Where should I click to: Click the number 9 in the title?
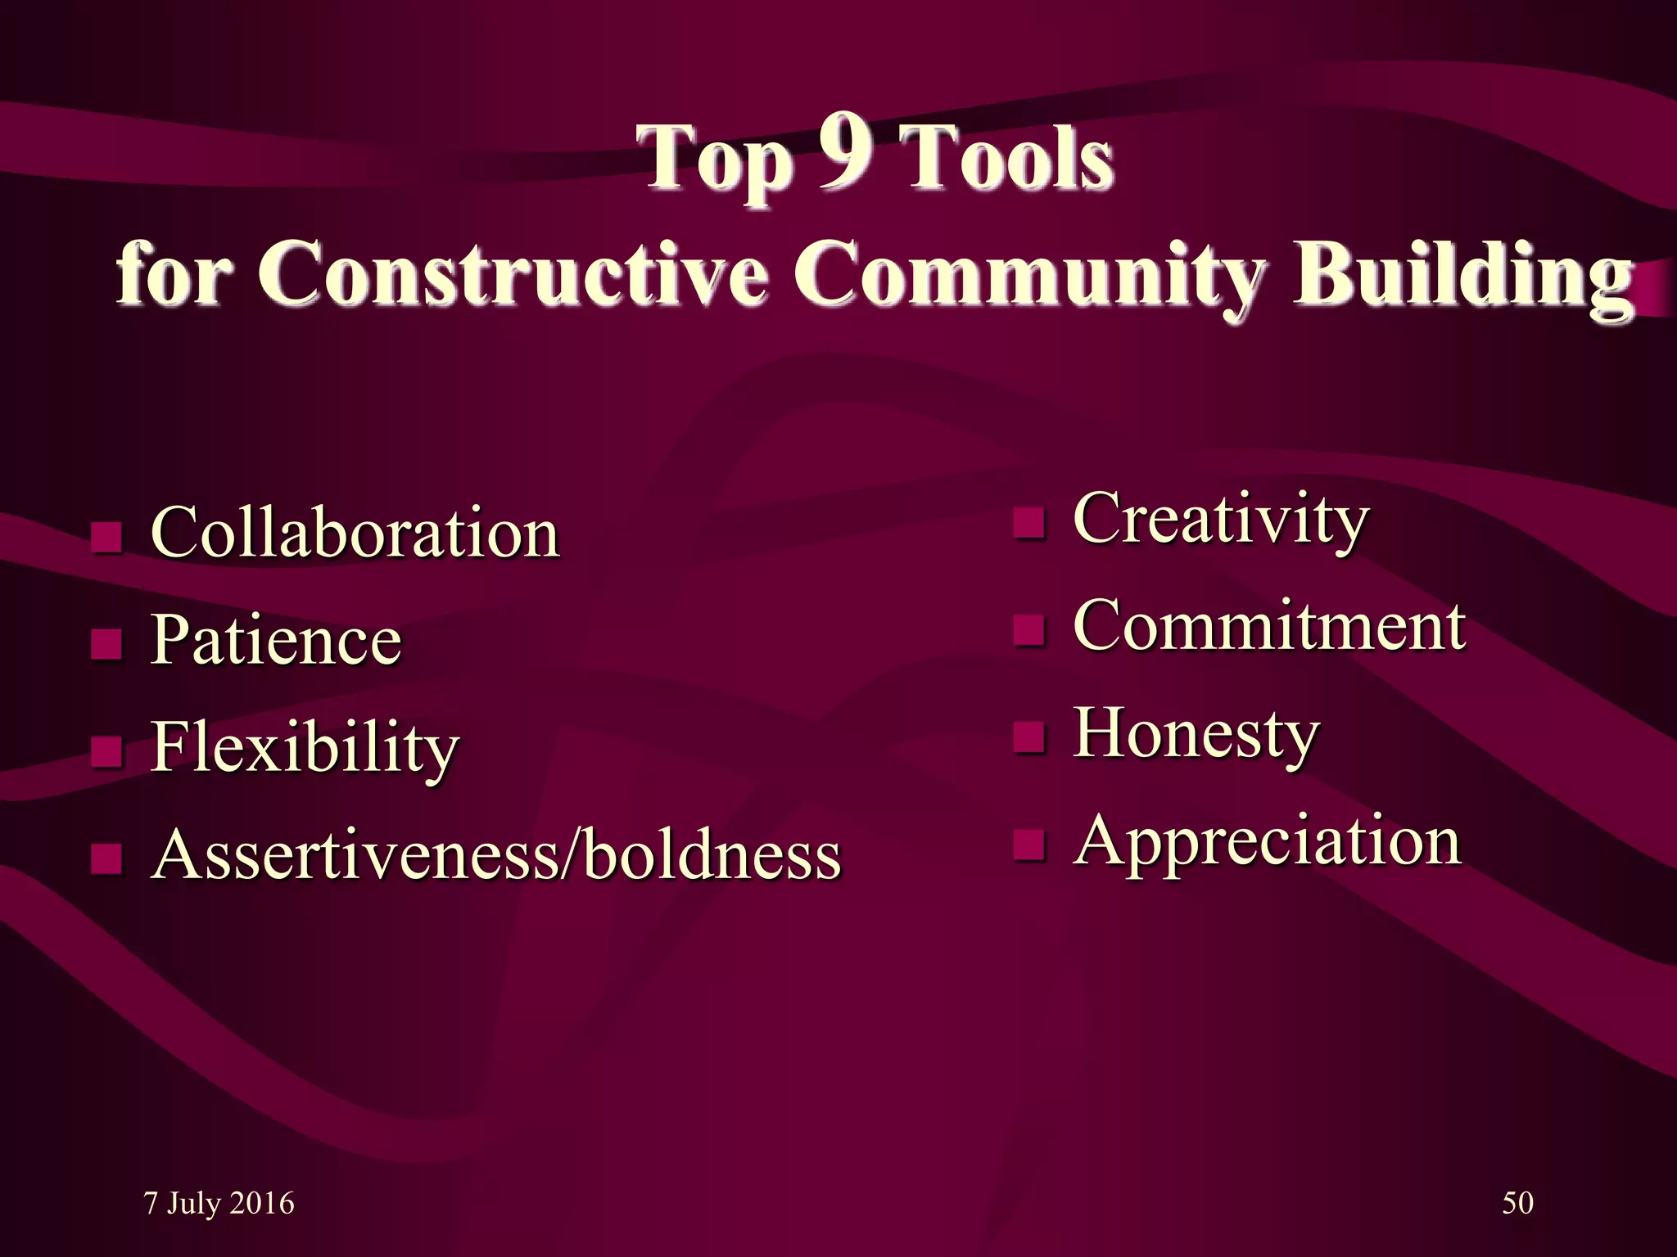pos(846,152)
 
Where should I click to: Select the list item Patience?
pos(276,639)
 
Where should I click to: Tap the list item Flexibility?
pos(305,746)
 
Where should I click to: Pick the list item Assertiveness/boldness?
pos(497,854)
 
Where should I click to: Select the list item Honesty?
pos(1196,733)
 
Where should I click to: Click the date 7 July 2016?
pos(219,1203)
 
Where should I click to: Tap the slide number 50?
pos(1517,1203)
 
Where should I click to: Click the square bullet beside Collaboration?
pos(106,537)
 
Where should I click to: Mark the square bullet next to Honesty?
pos(1029,737)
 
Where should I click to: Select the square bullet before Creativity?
pos(1029,523)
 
